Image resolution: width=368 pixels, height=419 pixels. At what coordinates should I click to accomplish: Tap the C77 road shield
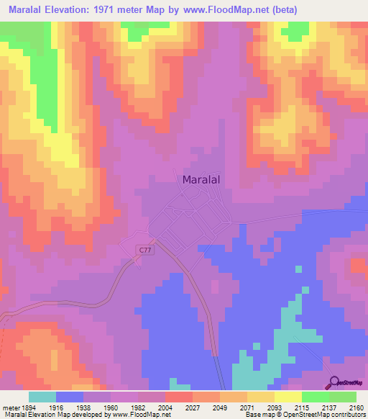click(x=146, y=250)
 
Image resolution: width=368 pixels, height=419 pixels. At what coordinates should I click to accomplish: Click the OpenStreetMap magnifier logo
click(x=335, y=382)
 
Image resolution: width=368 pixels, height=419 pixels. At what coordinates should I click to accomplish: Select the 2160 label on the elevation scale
click(x=357, y=407)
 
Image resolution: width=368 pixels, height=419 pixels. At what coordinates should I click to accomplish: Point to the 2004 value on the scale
click(x=165, y=407)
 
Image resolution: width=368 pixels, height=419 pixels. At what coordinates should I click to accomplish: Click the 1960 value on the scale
click(x=110, y=407)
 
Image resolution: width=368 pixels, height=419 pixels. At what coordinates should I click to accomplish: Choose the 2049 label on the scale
click(x=219, y=407)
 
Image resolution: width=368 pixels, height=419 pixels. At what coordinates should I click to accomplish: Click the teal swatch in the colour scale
click(x=42, y=397)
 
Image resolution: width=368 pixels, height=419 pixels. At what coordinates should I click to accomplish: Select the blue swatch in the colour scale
click(x=70, y=397)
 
